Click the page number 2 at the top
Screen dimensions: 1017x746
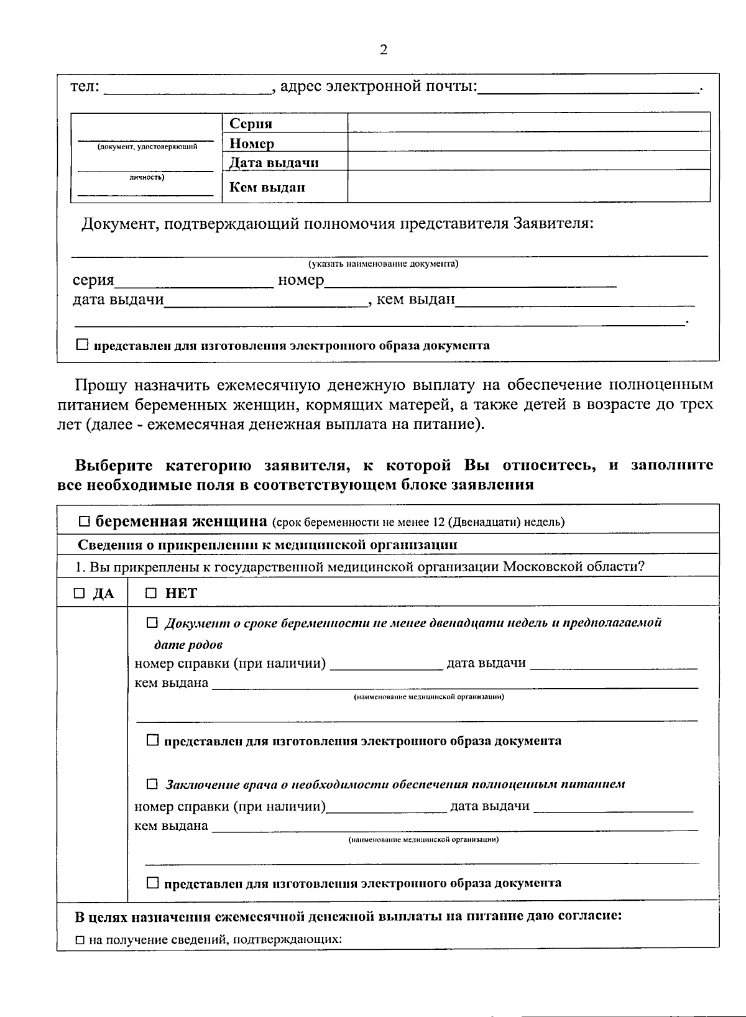coord(383,50)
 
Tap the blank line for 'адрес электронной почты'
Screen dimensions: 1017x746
coord(587,90)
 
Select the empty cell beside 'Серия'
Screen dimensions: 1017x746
coord(528,122)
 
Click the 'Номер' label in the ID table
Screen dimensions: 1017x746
coord(252,144)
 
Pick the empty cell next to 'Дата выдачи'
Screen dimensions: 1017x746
coord(528,162)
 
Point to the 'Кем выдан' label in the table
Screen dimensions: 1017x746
coord(267,187)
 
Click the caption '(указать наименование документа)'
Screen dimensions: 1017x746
coord(384,264)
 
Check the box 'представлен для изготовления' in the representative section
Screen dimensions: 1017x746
coord(83,344)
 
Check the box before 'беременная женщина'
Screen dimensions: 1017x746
coord(85,521)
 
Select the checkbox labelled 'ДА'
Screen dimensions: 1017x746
coord(80,594)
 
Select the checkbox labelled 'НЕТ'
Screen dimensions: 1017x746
coord(151,594)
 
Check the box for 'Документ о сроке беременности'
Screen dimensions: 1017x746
coord(152,622)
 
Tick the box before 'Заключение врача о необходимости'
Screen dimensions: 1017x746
coord(152,784)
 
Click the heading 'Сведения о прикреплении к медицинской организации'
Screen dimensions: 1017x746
coord(267,545)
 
